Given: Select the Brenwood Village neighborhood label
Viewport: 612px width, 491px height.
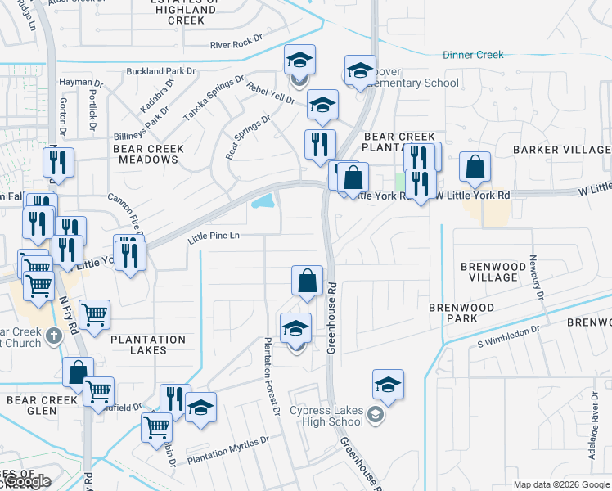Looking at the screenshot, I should click(488, 272).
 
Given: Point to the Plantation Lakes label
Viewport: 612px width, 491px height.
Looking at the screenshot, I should click(148, 345).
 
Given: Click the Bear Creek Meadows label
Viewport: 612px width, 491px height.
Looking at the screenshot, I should click(148, 154).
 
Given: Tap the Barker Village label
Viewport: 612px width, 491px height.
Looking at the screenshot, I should click(561, 150).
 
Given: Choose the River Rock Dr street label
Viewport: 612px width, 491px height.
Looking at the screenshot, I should click(236, 45).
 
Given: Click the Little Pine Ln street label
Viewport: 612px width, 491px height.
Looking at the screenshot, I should click(213, 236).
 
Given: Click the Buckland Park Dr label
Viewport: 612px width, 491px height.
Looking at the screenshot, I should click(161, 71).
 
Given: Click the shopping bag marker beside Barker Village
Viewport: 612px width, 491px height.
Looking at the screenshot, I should click(475, 169).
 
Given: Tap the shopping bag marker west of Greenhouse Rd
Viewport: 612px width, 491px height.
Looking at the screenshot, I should click(307, 280).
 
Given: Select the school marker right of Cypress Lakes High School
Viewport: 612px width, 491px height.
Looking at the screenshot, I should click(388, 385).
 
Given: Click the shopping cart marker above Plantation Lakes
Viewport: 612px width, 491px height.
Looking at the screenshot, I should click(95, 313).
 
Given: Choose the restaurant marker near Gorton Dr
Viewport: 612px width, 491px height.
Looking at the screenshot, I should click(59, 164).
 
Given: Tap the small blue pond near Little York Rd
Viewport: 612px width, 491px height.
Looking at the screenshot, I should click(263, 200).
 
